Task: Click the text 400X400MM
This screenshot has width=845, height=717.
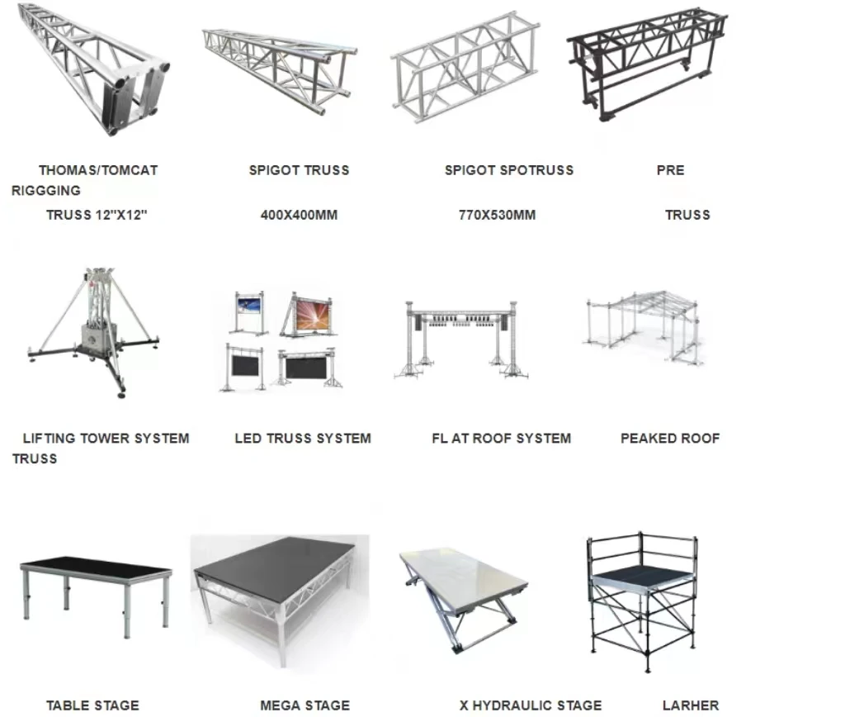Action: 299,216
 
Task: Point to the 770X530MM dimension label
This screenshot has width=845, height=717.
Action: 497,216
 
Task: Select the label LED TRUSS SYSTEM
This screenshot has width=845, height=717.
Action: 303,439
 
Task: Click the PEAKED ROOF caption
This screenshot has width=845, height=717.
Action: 670,439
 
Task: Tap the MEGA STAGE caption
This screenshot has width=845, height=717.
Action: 304,705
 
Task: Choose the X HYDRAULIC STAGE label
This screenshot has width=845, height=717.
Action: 531,705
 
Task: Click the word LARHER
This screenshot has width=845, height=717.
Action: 691,705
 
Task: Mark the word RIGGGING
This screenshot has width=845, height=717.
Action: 46,191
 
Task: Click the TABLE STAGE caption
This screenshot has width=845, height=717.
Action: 92,705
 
